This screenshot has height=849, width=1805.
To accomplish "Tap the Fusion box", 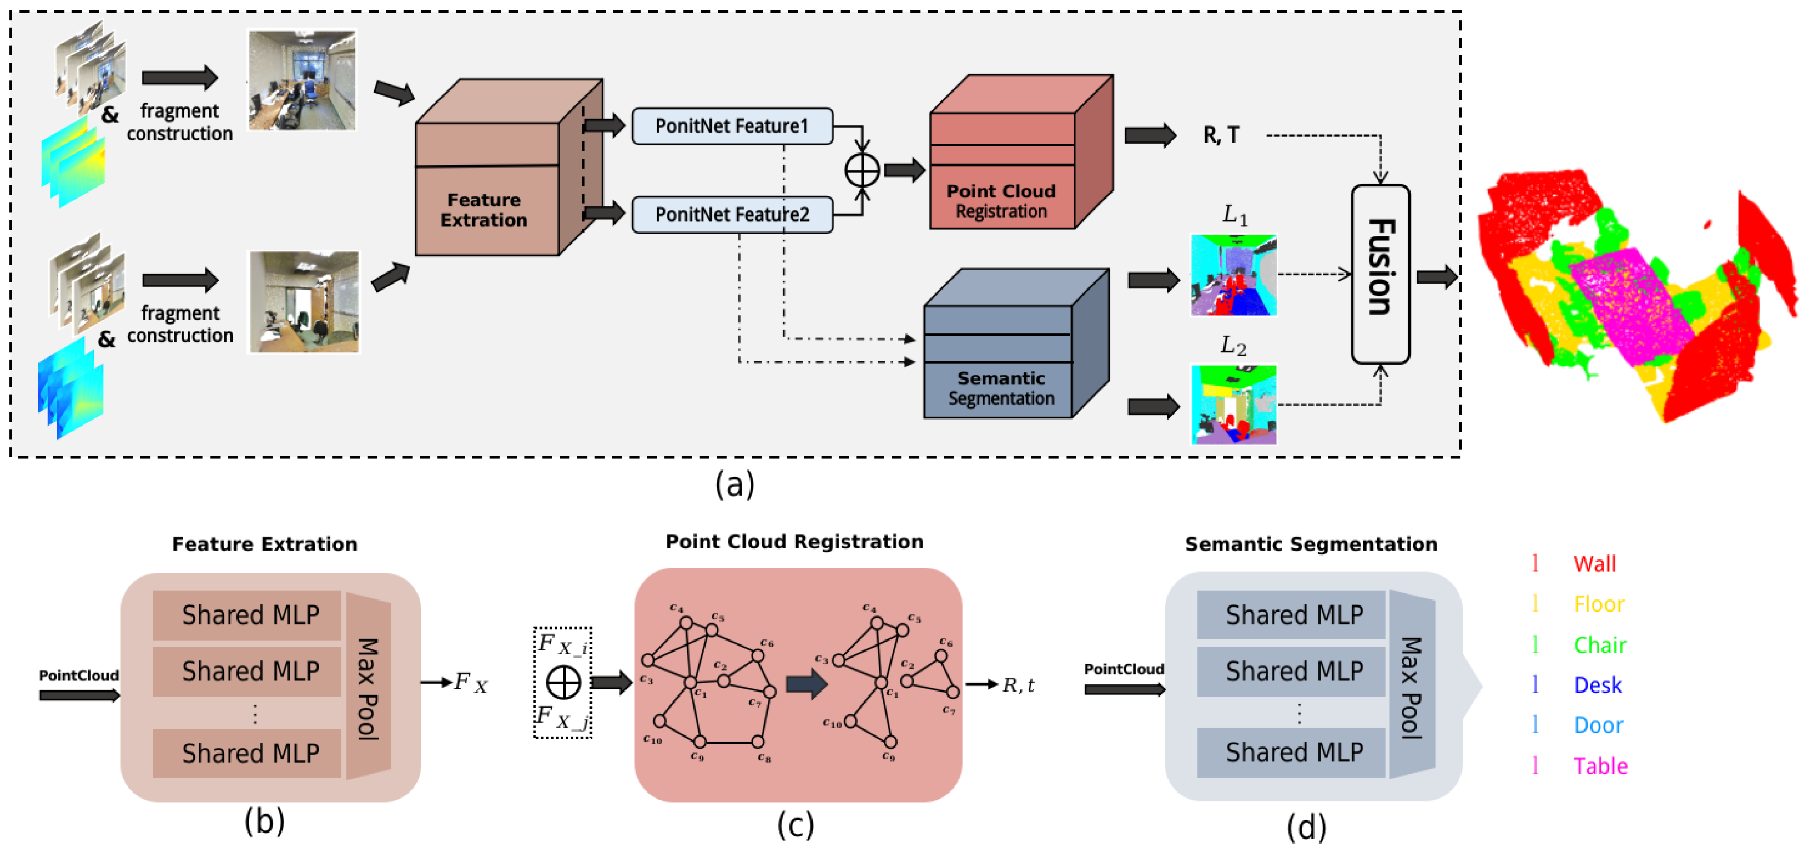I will click(x=1380, y=274).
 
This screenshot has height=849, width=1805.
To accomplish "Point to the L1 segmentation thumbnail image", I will click(x=1233, y=275).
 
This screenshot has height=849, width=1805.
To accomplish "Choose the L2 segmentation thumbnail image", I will click(x=1233, y=404).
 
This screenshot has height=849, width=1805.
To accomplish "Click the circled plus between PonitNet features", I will click(x=862, y=170).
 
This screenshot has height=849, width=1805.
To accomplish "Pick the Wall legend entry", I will click(x=1594, y=564).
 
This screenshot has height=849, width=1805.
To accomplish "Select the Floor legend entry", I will click(x=1598, y=604).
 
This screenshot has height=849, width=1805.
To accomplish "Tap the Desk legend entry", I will click(x=1597, y=685).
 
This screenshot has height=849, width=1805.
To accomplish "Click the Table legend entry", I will click(x=1600, y=766).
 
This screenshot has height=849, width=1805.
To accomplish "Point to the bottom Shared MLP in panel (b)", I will click(x=250, y=753).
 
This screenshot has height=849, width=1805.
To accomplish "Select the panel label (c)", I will click(x=796, y=824).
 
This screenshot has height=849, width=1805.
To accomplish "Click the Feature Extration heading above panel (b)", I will click(x=264, y=544).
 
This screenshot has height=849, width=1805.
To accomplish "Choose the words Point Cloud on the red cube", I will click(x=1001, y=191).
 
